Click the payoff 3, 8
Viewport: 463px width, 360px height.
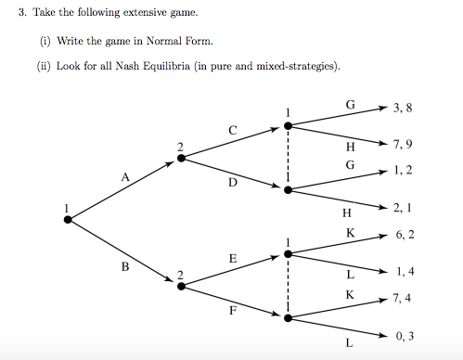tap(403, 108)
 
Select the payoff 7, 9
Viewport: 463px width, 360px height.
tap(403, 145)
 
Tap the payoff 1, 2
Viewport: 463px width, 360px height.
tap(403, 171)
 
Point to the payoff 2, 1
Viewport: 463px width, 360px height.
tap(403, 208)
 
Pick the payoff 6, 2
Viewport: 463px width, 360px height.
tap(404, 235)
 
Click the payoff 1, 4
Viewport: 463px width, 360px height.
tap(404, 272)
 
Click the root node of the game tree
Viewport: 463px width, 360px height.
tap(68, 220)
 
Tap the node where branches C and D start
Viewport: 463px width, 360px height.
tap(180, 158)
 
